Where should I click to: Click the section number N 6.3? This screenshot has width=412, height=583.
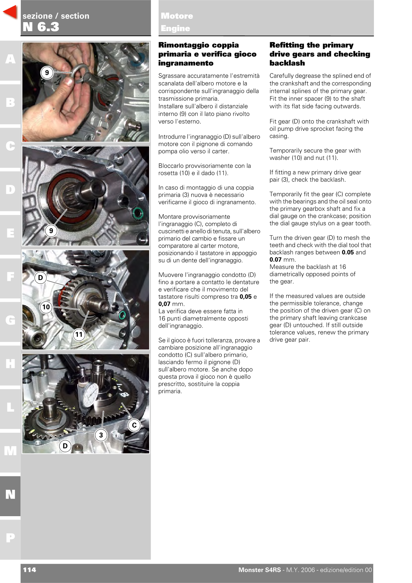(x=41, y=27)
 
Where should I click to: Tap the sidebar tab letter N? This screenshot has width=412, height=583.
(x=10, y=494)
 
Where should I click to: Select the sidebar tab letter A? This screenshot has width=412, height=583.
(x=10, y=59)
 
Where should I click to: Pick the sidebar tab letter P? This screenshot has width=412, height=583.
(x=10, y=538)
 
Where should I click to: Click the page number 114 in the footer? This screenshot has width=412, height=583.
(x=29, y=570)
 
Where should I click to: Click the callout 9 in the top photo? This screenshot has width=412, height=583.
(x=47, y=73)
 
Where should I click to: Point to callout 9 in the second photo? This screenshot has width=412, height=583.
(x=51, y=231)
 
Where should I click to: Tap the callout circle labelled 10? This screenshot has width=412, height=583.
(x=46, y=307)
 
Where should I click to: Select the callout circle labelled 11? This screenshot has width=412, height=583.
(x=79, y=334)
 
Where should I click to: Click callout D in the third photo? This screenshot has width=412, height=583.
(x=41, y=278)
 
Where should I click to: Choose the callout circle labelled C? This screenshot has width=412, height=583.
(x=134, y=425)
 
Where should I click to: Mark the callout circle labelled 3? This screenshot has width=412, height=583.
(x=101, y=435)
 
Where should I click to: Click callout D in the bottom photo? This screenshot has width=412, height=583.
(x=65, y=446)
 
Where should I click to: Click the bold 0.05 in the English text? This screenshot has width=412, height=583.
(x=348, y=252)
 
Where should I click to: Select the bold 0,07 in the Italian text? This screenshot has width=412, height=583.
(x=164, y=304)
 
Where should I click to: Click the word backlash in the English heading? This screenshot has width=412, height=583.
(x=287, y=63)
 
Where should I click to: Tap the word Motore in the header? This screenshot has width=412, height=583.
(x=177, y=16)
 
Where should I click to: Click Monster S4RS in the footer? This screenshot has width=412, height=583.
(x=259, y=570)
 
